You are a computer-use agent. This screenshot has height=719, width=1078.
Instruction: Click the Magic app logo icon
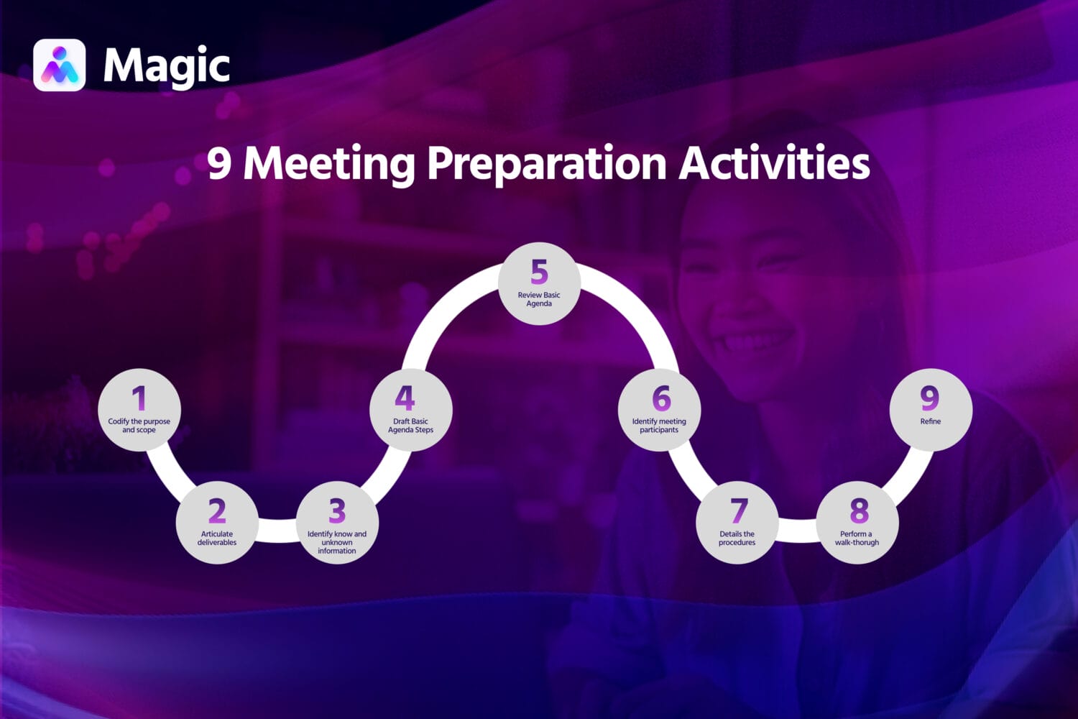59,65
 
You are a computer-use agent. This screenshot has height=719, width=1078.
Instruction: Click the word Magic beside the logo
166,66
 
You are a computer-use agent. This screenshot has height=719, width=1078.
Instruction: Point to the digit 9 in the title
219,163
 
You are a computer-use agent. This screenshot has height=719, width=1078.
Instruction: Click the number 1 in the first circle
139,398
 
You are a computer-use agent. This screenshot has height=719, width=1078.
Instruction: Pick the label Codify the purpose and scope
139,426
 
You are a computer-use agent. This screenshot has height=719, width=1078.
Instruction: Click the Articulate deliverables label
217,539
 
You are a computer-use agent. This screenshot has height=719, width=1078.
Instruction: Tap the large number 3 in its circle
337,511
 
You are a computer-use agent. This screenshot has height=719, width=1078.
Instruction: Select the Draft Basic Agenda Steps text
410,426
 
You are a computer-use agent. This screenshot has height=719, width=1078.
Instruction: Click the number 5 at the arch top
539,273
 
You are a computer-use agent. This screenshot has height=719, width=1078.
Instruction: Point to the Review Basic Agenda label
539,299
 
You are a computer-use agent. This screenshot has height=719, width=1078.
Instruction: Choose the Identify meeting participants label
659,426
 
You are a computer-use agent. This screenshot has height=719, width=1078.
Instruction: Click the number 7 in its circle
739,511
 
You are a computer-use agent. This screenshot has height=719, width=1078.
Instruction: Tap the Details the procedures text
737,539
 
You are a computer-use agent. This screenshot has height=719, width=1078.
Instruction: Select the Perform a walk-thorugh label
857,539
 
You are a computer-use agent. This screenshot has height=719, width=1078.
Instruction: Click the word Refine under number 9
930,421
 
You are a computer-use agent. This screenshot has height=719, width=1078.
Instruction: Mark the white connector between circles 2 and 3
277,530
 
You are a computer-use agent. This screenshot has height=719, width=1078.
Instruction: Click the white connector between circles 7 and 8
797,530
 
